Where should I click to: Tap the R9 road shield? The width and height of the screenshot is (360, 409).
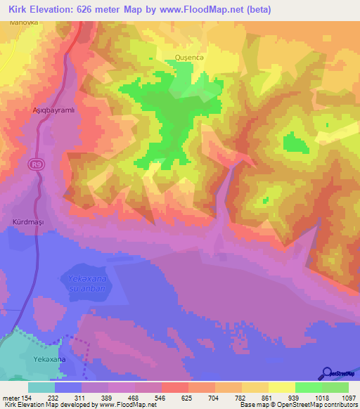click(x=37, y=164)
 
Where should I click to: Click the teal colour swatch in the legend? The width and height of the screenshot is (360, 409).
click(x=41, y=387)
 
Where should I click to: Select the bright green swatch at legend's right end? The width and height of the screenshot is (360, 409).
click(x=335, y=387)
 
